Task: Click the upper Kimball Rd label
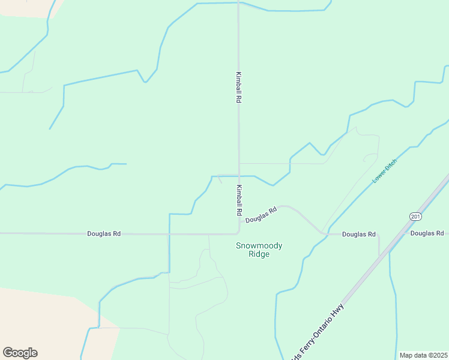coord(238,88)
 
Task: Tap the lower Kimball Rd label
coord(238,200)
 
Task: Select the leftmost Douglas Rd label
coord(104,233)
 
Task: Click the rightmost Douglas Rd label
coord(427,233)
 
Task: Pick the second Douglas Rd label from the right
coord(358,234)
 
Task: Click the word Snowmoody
coord(259,245)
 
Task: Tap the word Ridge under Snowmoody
coord(259,254)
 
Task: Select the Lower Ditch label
coord(384,171)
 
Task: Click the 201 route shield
coord(415,216)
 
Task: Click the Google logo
coord(20,353)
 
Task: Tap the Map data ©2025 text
coord(423,355)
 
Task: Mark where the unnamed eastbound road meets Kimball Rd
coord(239,163)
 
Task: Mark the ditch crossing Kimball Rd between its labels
coord(239,176)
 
